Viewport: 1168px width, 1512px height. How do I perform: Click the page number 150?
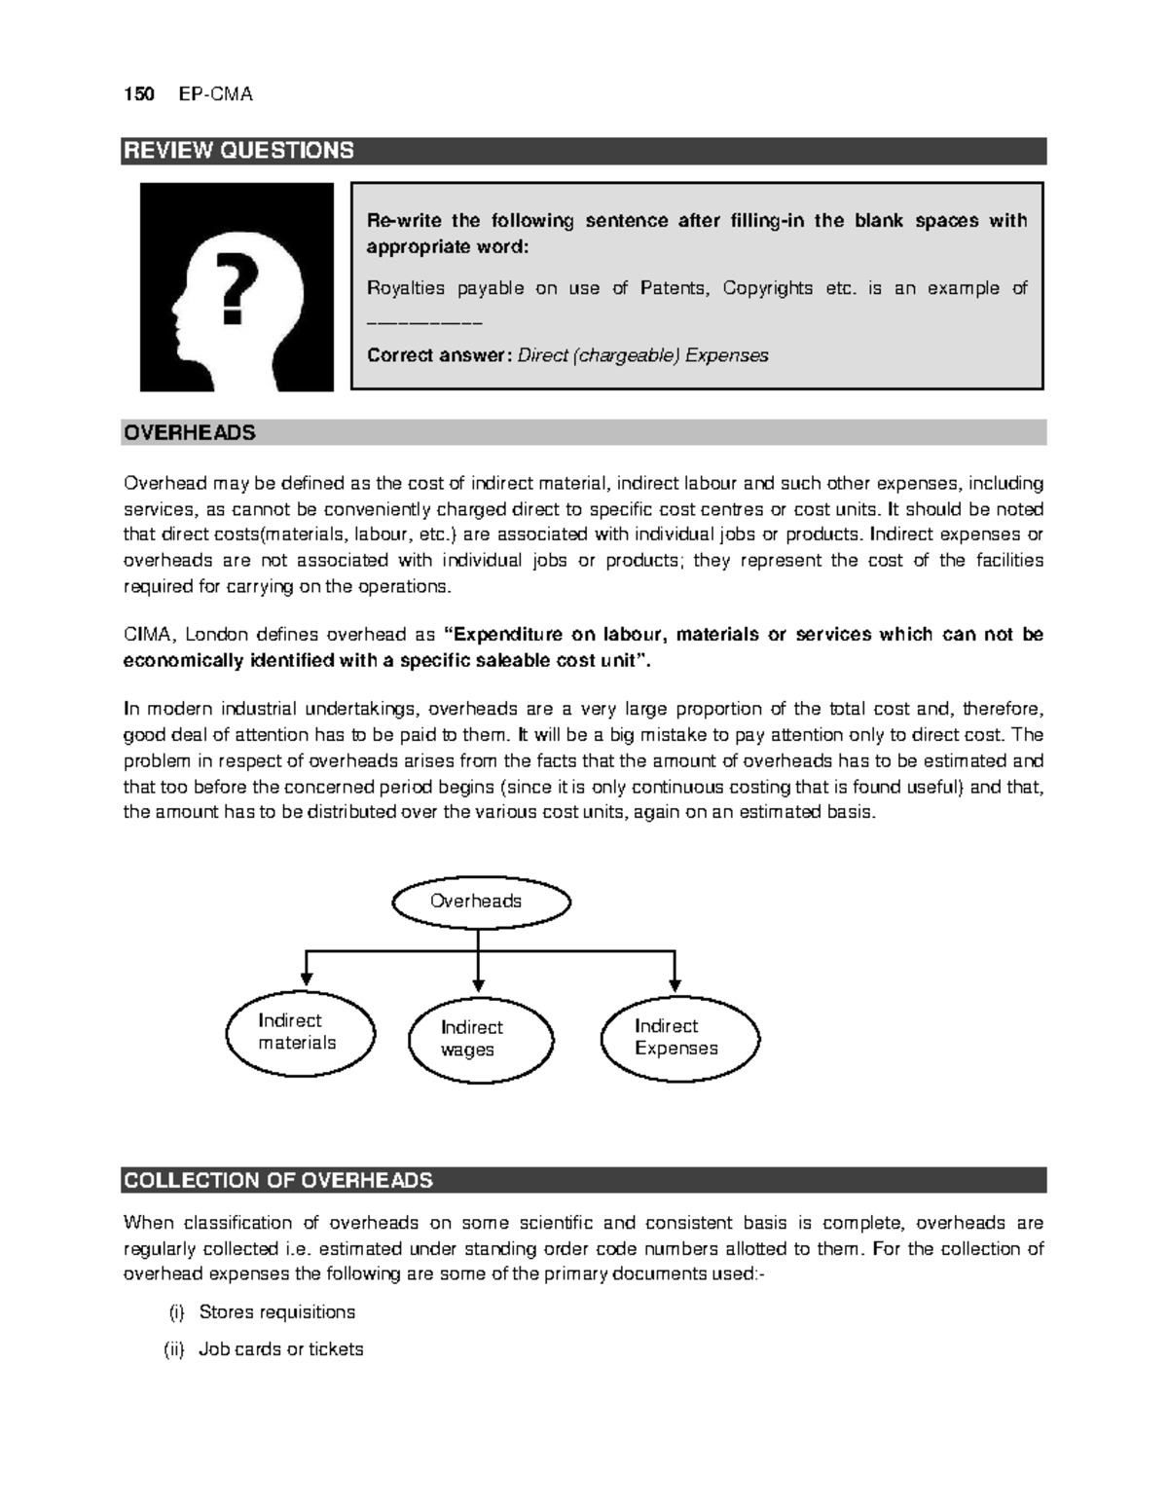138,94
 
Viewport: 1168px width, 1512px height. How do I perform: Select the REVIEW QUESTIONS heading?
237,151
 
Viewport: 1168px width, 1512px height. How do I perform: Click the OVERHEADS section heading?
190,433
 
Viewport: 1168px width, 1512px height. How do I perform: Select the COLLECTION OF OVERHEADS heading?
277,1181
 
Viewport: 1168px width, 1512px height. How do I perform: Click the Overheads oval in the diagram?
480,902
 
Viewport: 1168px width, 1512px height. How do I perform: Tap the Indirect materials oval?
300,1033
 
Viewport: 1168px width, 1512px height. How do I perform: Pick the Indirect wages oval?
481,1039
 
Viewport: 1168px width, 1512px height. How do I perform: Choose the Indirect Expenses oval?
680,1038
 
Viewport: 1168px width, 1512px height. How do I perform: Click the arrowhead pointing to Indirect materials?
307,978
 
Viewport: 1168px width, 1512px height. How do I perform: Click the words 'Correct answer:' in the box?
438,355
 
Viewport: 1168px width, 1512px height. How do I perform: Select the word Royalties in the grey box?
405,288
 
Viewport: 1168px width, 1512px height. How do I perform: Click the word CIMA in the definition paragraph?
147,635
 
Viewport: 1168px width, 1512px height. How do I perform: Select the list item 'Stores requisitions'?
277,1312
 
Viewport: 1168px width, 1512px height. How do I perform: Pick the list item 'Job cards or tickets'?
281,1349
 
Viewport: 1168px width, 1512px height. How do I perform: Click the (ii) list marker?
173,1349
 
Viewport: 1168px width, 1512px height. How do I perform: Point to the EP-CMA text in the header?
216,94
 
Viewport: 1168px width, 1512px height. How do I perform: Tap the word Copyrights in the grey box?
768,288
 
